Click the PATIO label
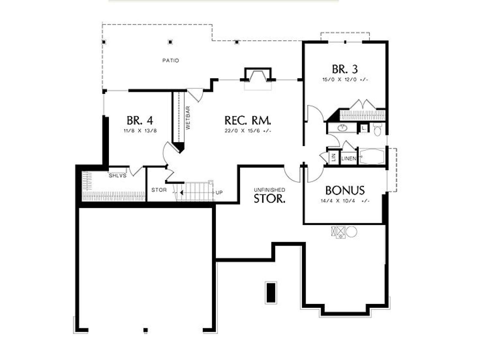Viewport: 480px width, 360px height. pos(171,60)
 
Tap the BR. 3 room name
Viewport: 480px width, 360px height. pos(345,69)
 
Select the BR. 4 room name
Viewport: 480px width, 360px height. pos(140,120)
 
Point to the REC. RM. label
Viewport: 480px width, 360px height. pos(248,120)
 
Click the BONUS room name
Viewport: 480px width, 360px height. pos(345,190)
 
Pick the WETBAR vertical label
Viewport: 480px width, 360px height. pos(188,118)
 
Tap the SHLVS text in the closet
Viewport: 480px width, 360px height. pos(118,175)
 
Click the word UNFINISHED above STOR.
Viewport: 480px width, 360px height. pos(269,190)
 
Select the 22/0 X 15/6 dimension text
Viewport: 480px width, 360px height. pos(248,131)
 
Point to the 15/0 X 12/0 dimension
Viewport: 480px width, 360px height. pos(345,79)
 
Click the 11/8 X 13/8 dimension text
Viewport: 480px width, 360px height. pos(140,131)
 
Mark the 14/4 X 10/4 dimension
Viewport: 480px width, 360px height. pos(345,201)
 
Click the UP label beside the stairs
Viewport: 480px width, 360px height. pos(219,193)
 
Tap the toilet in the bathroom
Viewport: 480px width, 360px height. pos(378,129)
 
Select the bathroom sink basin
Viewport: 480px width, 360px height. pos(343,128)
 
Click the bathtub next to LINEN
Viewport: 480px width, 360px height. pos(372,156)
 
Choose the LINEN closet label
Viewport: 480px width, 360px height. pos(349,158)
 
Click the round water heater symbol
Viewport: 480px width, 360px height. pos(352,232)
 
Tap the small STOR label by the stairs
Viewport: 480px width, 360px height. pos(159,190)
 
